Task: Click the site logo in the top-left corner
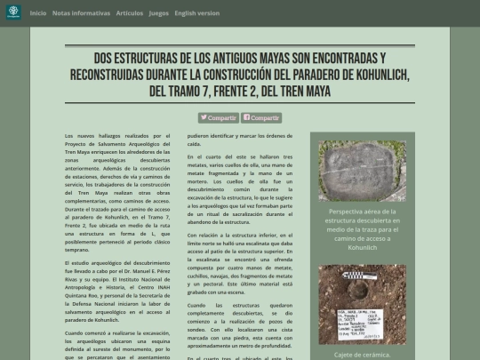tap(13, 12)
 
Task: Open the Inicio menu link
tap(38, 13)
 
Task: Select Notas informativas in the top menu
tap(82, 13)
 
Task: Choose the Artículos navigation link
tap(129, 13)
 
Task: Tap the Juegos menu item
tap(159, 13)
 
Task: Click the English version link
tap(197, 13)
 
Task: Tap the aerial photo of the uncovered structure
tap(363, 171)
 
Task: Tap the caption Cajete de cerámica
tap(363, 353)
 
